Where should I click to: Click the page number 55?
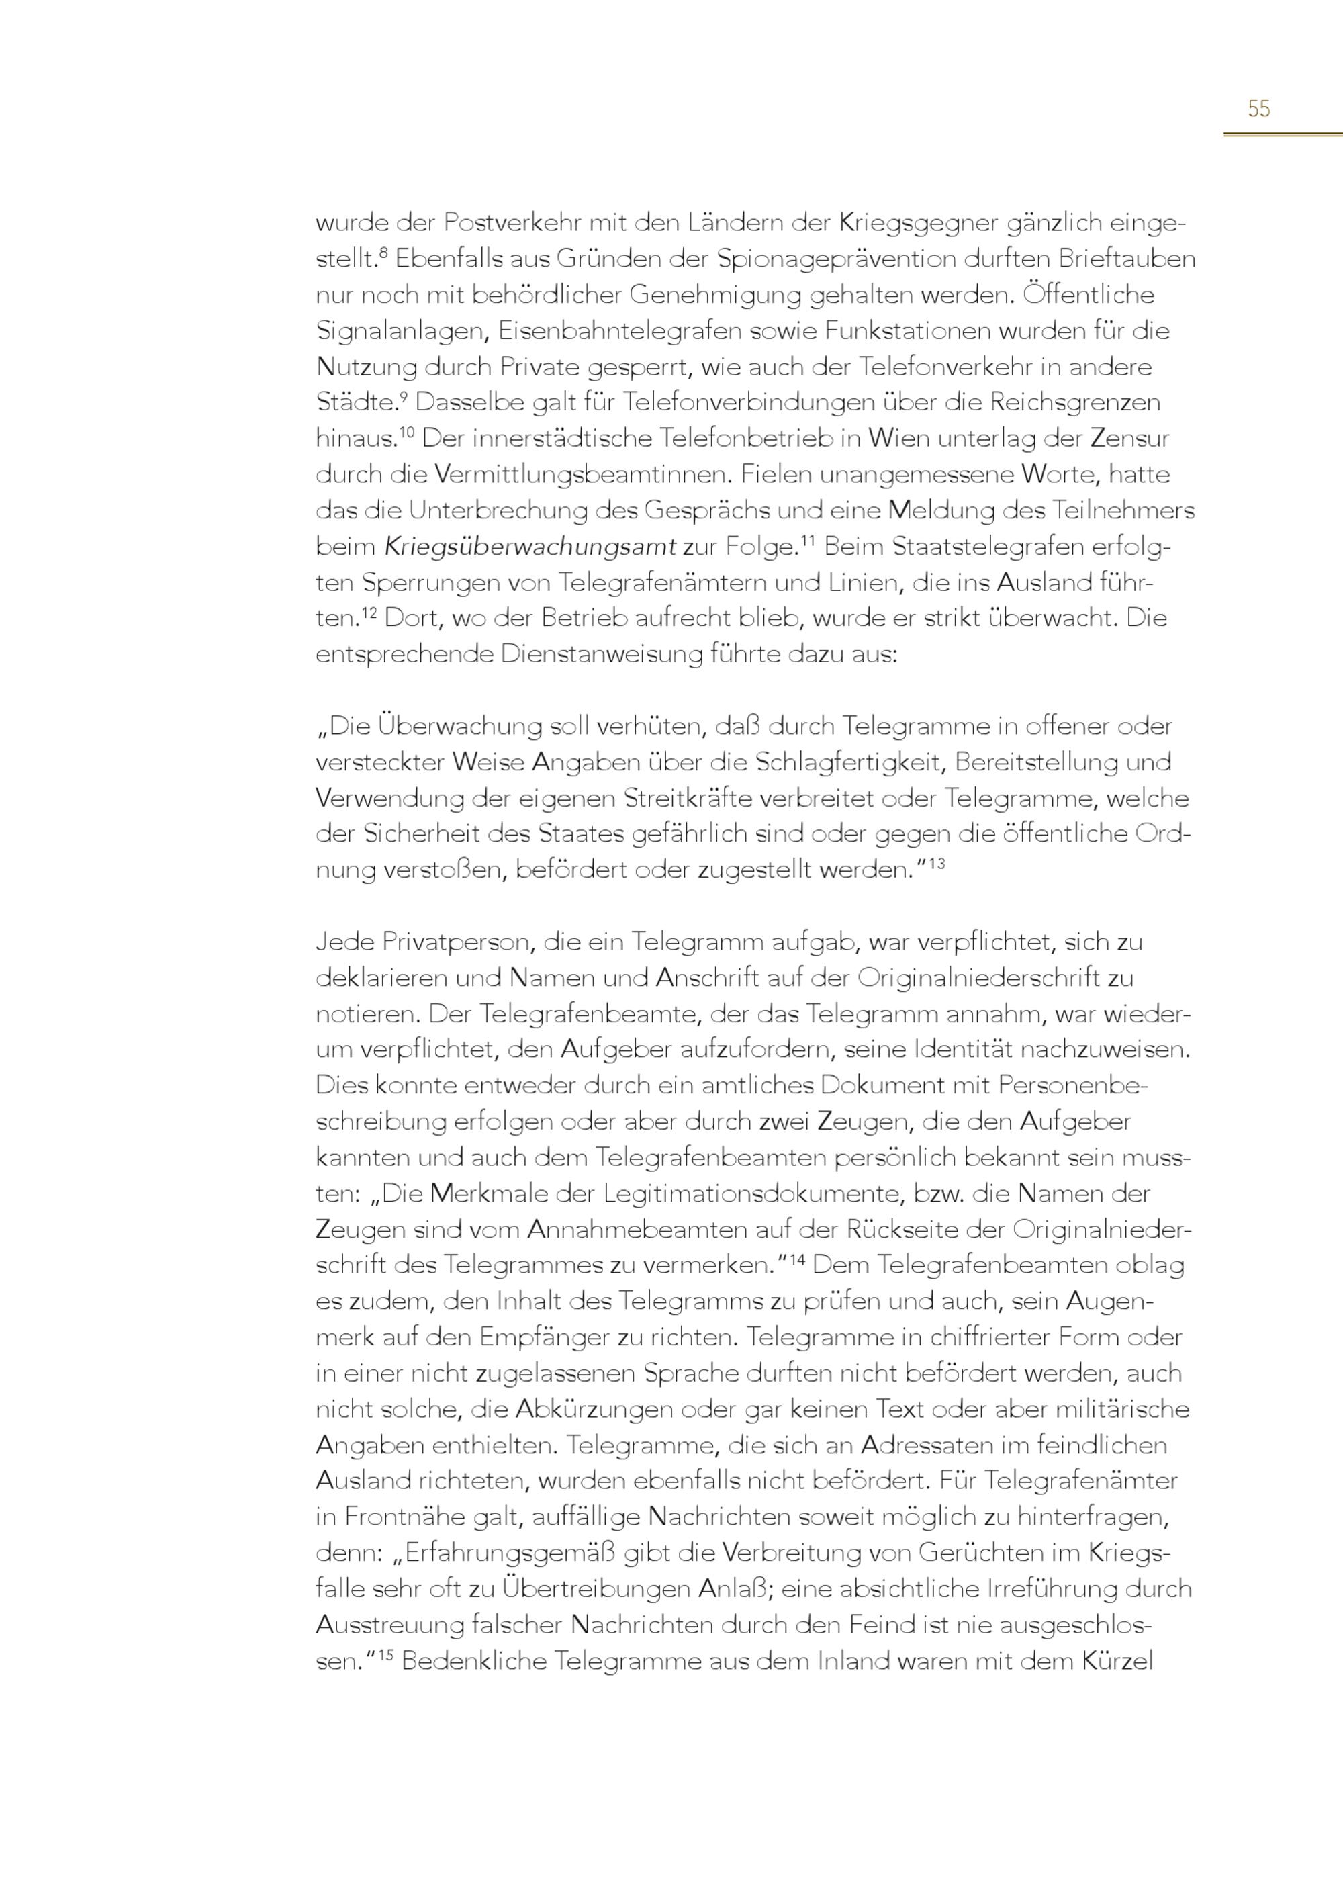(1258, 108)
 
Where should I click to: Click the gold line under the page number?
(1283, 133)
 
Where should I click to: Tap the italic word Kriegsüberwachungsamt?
(530, 547)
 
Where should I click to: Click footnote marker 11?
(808, 540)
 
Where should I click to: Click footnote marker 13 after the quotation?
(936, 864)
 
